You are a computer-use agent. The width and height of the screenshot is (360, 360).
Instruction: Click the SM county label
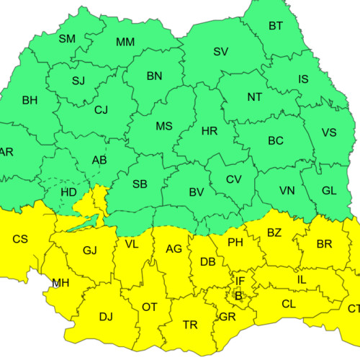point(67,39)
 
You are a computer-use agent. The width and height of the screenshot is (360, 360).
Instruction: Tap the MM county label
point(125,42)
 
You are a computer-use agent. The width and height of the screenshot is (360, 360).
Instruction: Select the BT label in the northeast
point(276,27)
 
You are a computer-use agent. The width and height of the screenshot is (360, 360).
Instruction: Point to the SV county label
point(220,52)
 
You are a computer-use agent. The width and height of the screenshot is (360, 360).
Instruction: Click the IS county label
point(303,79)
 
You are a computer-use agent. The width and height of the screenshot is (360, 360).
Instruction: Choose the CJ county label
point(101,110)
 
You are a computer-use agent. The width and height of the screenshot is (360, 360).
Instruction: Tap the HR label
point(210,131)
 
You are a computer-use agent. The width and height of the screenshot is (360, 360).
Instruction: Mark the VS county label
point(329,132)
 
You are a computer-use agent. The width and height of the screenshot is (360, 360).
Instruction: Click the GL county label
point(329,191)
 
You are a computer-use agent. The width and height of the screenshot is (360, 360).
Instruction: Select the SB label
point(140,184)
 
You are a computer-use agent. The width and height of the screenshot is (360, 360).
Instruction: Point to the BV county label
point(196,192)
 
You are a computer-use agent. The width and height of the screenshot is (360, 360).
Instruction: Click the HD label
point(68,193)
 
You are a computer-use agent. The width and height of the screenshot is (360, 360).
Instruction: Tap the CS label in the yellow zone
point(21,238)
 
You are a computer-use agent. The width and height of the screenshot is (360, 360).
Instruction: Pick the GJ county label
point(89,251)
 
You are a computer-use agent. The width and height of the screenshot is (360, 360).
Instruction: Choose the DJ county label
point(106,316)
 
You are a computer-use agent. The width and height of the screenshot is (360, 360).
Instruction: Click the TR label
point(190,325)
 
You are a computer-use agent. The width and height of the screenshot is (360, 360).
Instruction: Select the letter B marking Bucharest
point(238,295)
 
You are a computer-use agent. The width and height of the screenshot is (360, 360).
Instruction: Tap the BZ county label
point(274,233)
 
